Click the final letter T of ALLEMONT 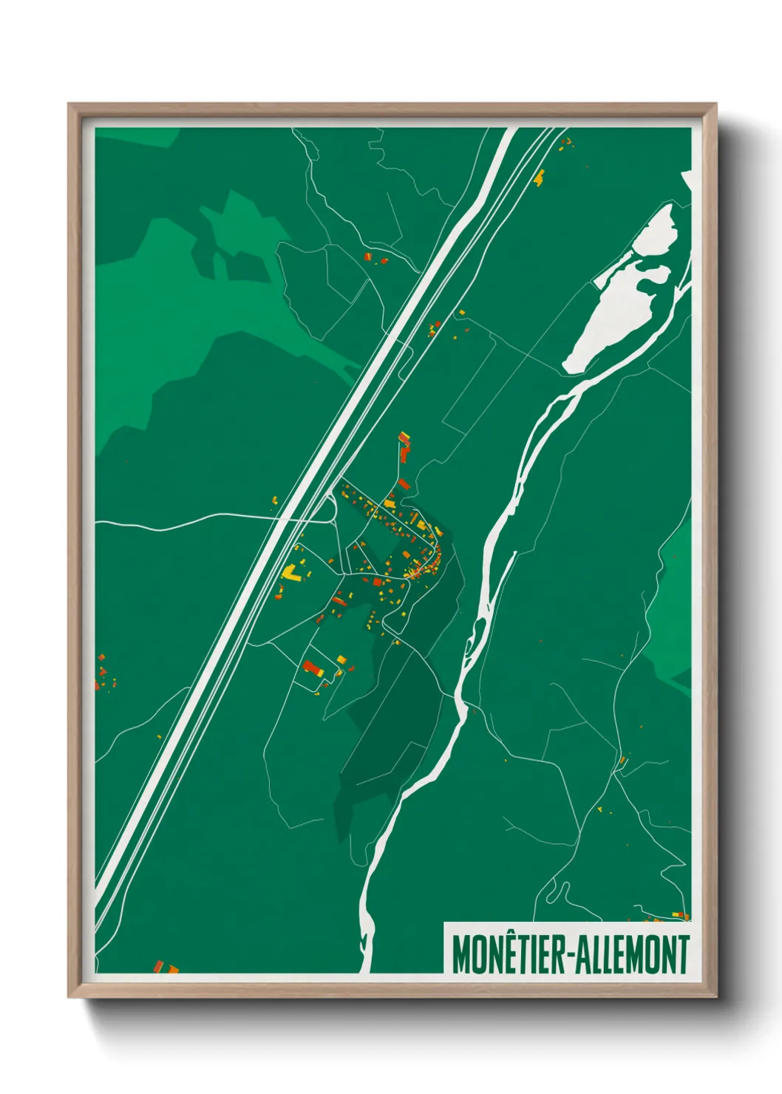tap(684, 954)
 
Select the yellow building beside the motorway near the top tap(539, 177)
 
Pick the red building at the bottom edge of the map tap(158, 965)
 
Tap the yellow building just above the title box tap(676, 915)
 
